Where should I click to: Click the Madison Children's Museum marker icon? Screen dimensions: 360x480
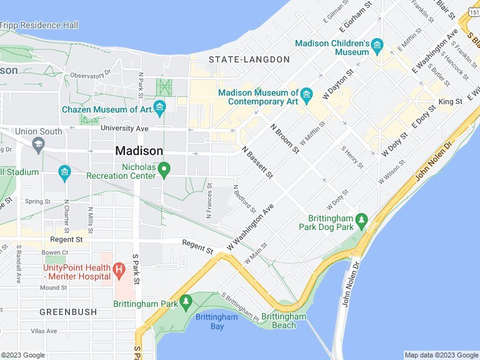pos(377,45)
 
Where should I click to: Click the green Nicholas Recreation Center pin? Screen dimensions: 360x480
pos(164,169)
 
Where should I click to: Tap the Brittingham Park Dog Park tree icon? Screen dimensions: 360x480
pos(361,221)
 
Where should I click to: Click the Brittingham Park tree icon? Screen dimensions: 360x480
pos(186,302)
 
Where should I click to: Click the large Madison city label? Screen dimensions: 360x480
pos(139,151)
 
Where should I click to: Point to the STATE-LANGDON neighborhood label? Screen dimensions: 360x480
pos(249,59)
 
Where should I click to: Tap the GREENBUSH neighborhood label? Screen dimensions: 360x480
pos(68,311)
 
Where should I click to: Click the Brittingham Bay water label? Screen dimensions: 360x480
pos(216,321)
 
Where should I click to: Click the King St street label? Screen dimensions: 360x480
pos(450,101)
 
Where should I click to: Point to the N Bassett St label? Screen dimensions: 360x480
pos(257,162)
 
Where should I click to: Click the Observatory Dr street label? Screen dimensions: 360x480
pos(90,75)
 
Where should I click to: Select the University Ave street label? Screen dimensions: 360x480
pos(124,128)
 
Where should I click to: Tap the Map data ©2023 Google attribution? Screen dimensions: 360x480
pos(440,355)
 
